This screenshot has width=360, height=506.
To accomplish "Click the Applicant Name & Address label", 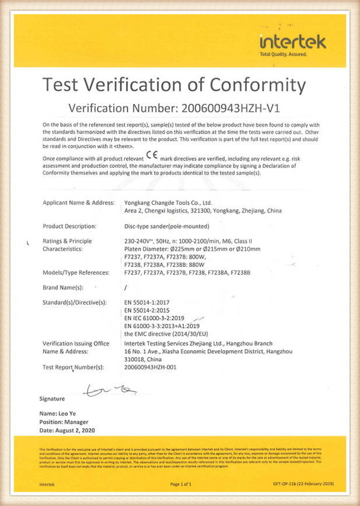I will pos(78,203).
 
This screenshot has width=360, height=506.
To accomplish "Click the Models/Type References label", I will pos(76,272).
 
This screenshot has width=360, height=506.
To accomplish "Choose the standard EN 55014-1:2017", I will pos(151,302).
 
